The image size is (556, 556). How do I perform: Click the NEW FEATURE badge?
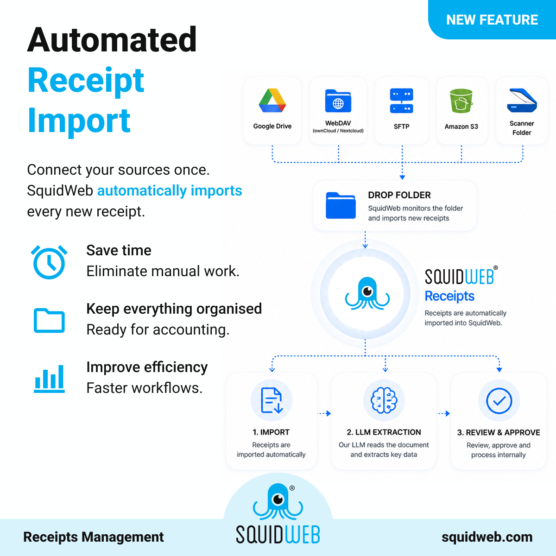tap(492, 19)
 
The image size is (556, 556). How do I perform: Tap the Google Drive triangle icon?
tap(272, 101)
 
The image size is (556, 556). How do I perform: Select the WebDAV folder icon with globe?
tap(338, 101)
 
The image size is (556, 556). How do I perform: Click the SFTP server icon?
tap(401, 101)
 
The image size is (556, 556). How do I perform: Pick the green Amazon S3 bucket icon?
tap(461, 101)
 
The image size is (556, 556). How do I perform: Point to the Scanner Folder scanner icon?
tap(522, 101)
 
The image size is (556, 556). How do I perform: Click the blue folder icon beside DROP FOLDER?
tap(341, 205)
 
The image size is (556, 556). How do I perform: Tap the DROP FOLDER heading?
tap(399, 195)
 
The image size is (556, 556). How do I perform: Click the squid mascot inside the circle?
tap(367, 293)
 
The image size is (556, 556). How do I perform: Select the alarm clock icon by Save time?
tap(49, 262)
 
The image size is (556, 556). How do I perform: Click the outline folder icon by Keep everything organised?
tap(49, 321)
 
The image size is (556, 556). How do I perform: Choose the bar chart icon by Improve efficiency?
tap(49, 379)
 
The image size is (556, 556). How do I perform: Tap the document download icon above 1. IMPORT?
tap(272, 400)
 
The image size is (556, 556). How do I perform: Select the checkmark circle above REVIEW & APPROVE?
tap(499, 401)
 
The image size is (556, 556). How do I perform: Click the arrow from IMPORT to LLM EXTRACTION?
tap(324, 413)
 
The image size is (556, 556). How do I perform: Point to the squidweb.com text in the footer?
tap(487, 537)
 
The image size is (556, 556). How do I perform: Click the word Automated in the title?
tap(112, 39)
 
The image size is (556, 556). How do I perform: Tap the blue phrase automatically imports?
tap(170, 191)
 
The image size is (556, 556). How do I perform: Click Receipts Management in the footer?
tap(94, 537)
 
